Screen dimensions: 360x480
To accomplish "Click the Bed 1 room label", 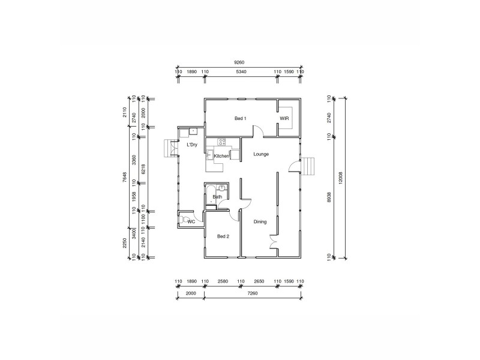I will [x=241, y=119].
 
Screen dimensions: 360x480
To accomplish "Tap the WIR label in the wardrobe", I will [x=284, y=119].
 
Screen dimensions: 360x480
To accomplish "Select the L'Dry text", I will [x=192, y=145].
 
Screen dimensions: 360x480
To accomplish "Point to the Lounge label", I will [x=261, y=154].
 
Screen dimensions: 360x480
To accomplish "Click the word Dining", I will [x=260, y=222].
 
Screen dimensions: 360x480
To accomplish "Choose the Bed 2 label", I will [x=223, y=236].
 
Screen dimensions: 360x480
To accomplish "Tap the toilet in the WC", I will [x=184, y=220].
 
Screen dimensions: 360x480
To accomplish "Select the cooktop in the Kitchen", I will [x=222, y=142].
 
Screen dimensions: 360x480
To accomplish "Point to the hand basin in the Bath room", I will [x=222, y=188].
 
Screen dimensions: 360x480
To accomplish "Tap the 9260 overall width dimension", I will [x=239, y=62].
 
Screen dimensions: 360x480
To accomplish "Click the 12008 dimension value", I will [x=340, y=178].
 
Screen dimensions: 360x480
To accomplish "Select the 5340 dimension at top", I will [x=241, y=72].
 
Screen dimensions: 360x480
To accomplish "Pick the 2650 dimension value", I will [x=259, y=281].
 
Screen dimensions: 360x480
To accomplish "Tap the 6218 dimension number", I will [x=143, y=170].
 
